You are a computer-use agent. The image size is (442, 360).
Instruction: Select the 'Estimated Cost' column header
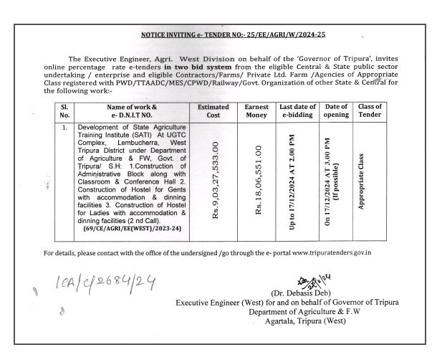click(x=213, y=111)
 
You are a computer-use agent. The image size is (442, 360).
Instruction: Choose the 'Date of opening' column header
click(x=337, y=111)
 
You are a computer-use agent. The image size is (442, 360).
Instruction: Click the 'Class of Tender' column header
click(x=370, y=111)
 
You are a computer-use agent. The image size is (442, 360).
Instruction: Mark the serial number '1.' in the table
click(x=64, y=127)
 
